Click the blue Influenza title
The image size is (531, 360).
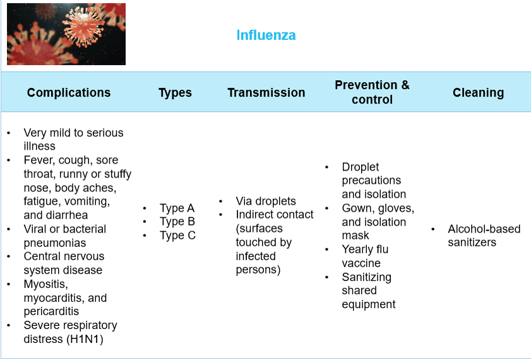coord(266,35)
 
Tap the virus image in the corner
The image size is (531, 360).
coord(66,34)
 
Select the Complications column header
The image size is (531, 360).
coord(69,92)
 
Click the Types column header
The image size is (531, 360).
coord(175,92)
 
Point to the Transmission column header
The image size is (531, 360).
coord(266,92)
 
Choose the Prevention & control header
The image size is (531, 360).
coord(372,92)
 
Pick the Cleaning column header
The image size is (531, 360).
coord(478,92)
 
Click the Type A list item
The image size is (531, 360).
coord(177,208)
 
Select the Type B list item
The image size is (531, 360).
coord(177,222)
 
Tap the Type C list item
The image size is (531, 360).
coord(177,236)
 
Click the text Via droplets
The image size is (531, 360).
coord(266,201)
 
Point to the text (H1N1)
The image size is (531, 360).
coord(85,339)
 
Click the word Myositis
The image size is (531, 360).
coord(45,284)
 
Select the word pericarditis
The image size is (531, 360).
coord(51,311)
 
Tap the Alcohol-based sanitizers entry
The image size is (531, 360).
coord(484,236)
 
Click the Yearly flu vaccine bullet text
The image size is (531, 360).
coord(365,256)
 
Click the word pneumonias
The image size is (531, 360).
coord(55,243)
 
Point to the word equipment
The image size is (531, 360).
coord(369,304)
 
